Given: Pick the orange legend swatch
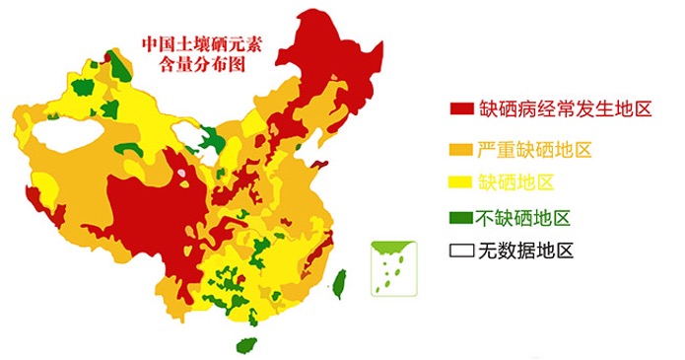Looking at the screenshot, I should click(460, 150).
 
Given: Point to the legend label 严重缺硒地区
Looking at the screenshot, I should click(534, 150).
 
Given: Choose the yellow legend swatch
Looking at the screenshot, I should click(460, 183).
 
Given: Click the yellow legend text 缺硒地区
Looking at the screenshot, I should click(516, 183).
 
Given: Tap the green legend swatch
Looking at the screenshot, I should click(460, 218).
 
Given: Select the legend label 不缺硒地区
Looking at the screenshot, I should click(524, 218).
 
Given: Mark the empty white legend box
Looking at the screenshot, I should click(460, 251).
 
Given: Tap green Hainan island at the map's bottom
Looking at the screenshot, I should click(246, 345).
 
